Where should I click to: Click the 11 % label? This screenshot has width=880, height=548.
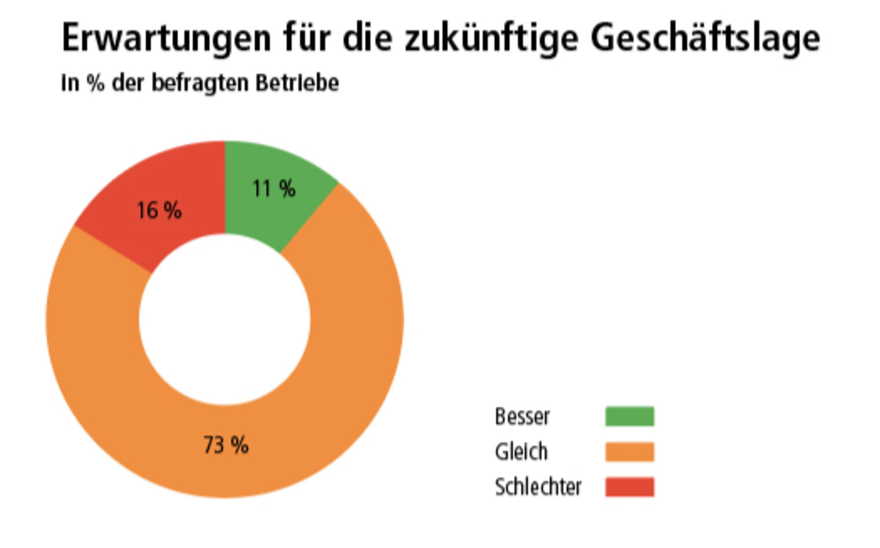tap(274, 189)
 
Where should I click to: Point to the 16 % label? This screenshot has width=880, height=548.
tap(159, 210)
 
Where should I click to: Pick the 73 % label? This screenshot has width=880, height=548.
tap(226, 445)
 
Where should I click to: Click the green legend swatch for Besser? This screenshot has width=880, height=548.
tap(629, 416)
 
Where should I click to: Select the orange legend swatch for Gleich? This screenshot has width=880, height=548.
tap(629, 451)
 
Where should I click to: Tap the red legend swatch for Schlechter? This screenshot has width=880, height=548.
tap(629, 487)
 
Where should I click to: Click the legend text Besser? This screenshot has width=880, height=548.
tap(522, 417)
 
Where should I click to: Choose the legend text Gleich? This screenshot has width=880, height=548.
tap(520, 451)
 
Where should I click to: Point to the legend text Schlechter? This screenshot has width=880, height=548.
tap(538, 487)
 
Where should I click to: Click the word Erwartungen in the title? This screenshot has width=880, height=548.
tap(166, 38)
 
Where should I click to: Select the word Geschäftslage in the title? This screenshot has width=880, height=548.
tap(705, 38)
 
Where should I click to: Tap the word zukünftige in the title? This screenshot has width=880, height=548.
tap(491, 38)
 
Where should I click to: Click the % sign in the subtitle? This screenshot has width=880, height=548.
tap(96, 83)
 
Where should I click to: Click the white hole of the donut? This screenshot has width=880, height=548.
tap(225, 319)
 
